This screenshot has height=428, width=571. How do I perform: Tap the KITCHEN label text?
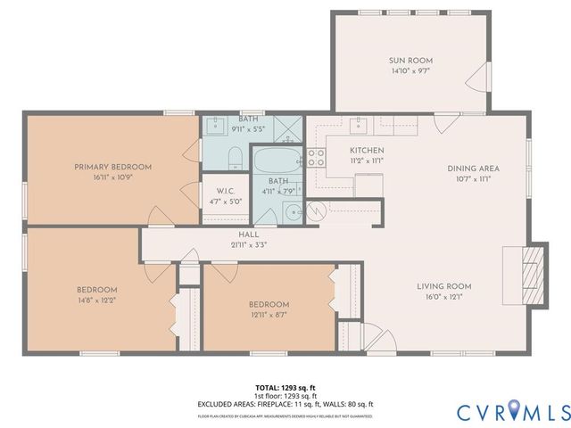pyautogui.click(x=367, y=150)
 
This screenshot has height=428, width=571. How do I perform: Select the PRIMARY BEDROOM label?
pyautogui.click(x=112, y=167)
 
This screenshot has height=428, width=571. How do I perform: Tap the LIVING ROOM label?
pyautogui.click(x=443, y=286)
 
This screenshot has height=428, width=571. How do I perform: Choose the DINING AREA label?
pyautogui.click(x=473, y=168)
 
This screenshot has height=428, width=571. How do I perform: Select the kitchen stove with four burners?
pyautogui.click(x=317, y=158)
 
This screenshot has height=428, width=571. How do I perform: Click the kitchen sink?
pyautogui.click(x=361, y=125)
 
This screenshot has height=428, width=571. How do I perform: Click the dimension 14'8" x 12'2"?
pyautogui.click(x=96, y=300)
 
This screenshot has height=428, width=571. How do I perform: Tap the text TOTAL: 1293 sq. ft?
pyautogui.click(x=285, y=387)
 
